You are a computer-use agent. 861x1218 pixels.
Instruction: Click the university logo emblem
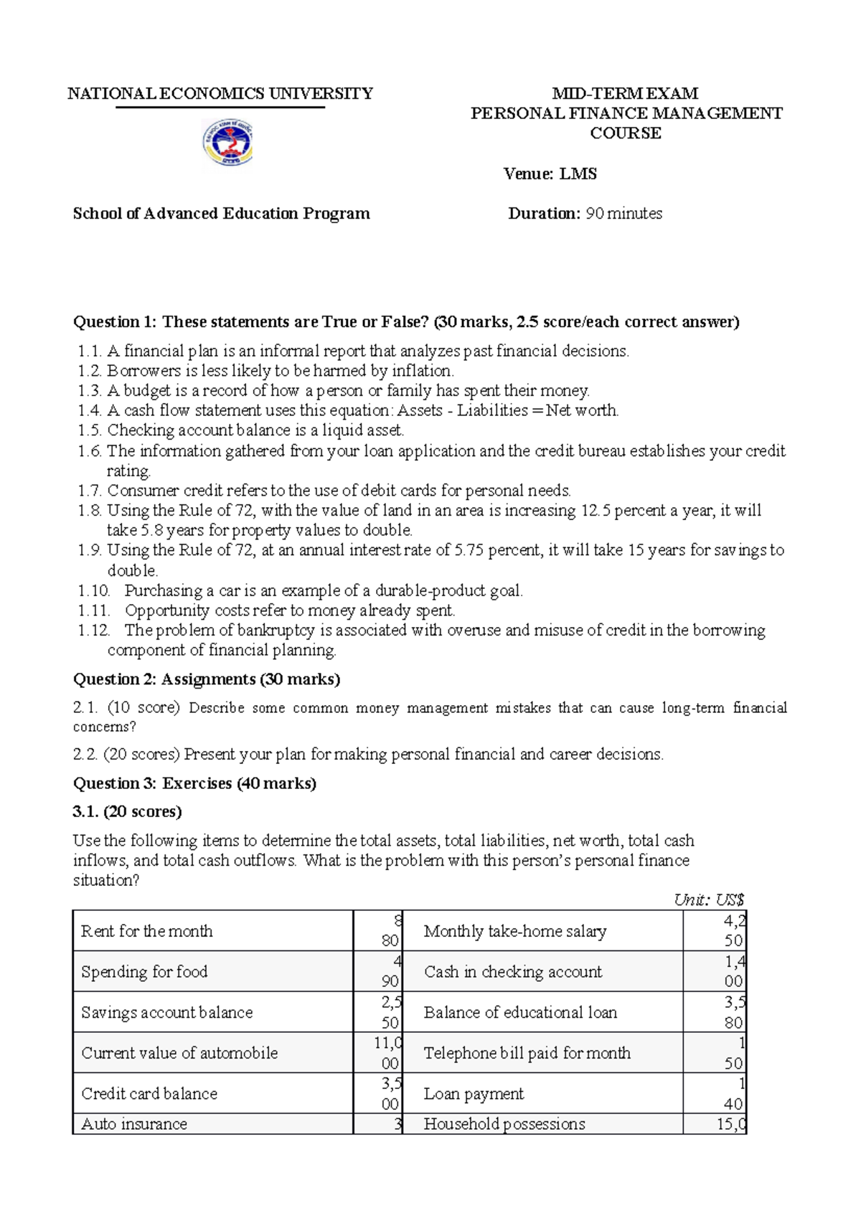click(227, 143)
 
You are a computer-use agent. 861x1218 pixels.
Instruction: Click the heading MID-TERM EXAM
click(625, 93)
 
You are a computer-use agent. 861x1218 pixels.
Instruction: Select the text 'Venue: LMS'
click(550, 174)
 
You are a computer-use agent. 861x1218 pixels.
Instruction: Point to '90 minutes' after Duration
click(624, 213)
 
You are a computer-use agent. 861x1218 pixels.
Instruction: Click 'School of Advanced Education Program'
click(221, 213)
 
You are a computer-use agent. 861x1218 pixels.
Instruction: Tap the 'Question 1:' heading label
click(115, 321)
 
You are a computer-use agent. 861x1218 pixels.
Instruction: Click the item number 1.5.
click(90, 430)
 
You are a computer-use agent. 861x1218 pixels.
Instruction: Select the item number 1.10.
click(93, 590)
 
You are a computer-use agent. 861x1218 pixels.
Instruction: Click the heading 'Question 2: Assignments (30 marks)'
click(207, 679)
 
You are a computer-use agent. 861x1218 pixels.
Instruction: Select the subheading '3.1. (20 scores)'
click(127, 811)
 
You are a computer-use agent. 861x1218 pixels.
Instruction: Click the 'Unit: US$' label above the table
click(709, 900)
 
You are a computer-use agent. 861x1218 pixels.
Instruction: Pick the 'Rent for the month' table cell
click(147, 931)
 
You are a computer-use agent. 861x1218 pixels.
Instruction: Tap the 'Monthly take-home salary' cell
click(515, 931)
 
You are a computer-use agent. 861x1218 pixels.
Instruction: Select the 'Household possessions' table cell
click(504, 1124)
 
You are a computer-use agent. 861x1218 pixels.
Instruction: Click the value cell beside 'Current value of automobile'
click(378, 1052)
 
